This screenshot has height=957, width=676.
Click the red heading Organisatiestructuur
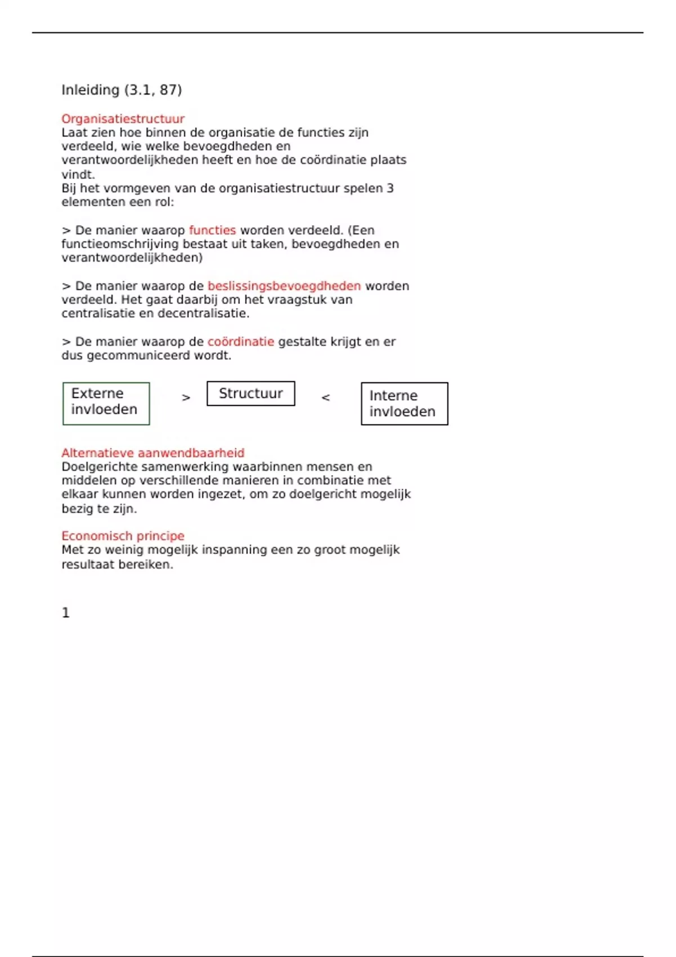coord(123,119)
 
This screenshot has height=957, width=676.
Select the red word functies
coord(212,230)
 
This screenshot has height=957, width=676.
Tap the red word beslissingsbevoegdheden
coord(284,286)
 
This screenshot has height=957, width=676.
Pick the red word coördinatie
coord(241,342)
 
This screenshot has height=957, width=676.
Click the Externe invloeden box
coord(106,403)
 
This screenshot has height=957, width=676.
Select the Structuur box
coord(251,393)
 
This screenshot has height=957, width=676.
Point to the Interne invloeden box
coord(404,404)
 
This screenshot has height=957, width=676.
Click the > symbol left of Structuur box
coord(186,397)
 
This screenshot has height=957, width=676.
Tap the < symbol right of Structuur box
coord(326,397)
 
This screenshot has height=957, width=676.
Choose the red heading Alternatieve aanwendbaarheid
coord(153,453)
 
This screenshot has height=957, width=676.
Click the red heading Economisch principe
coord(123,536)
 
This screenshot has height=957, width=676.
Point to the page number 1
coord(66,612)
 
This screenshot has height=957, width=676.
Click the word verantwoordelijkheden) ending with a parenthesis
coord(132,258)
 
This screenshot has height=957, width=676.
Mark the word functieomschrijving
coord(120,244)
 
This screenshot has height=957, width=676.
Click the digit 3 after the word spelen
coord(390,189)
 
